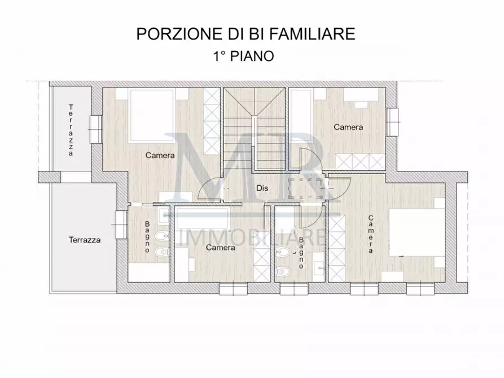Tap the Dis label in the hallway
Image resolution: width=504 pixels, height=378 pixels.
point(262,189)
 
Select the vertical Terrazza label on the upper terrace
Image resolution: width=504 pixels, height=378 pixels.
point(71,130)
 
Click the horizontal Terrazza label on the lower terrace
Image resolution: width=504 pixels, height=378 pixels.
point(85,240)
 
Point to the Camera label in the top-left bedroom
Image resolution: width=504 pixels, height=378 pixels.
point(160,155)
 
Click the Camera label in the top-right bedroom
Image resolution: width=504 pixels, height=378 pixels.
point(348,128)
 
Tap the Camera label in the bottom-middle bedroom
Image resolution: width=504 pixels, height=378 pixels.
point(220,248)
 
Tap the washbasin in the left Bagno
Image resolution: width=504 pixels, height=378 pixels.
point(163,215)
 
